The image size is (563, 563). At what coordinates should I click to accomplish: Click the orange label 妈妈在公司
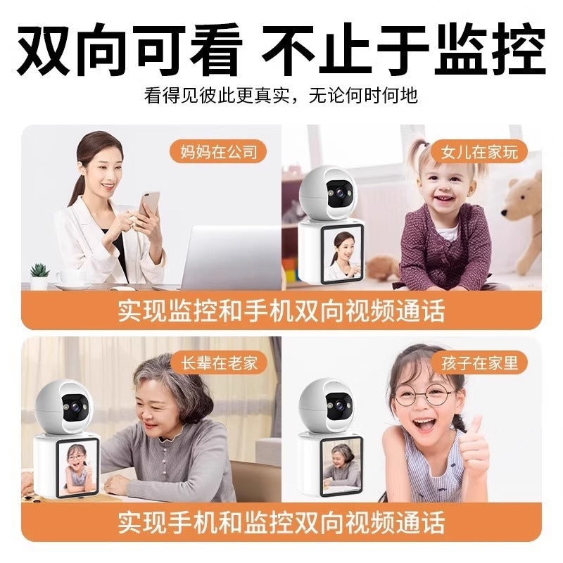(217, 151)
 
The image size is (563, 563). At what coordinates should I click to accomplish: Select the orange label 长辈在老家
(218, 362)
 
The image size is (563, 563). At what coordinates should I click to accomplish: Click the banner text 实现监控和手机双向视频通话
(281, 310)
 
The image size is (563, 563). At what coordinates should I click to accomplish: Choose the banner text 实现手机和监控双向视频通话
(281, 523)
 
